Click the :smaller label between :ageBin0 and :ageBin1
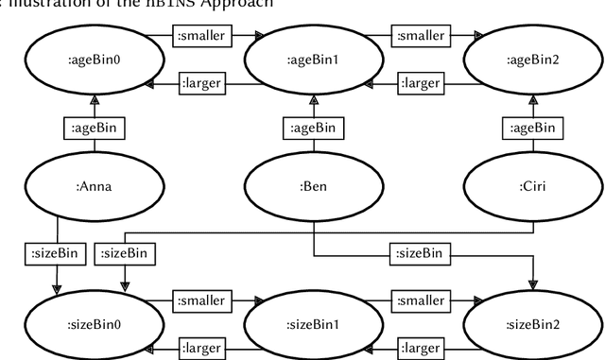click(x=201, y=37)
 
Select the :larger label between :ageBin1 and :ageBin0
click(x=201, y=83)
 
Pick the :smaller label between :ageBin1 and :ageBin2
click(x=420, y=37)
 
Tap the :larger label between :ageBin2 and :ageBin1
click(x=420, y=83)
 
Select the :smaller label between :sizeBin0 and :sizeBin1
click(x=201, y=300)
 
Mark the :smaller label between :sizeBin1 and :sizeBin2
click(x=420, y=300)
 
